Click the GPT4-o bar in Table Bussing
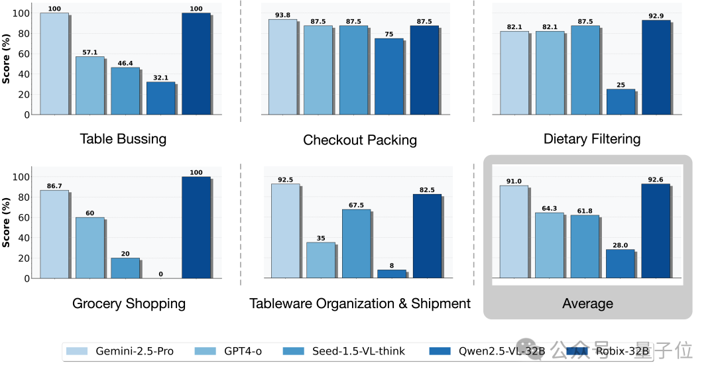[x=89, y=85]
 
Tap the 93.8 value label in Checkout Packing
[x=282, y=15]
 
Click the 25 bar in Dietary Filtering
[x=621, y=102]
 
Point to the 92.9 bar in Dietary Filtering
[x=656, y=67]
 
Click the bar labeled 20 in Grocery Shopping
[x=125, y=268]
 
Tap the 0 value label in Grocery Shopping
[x=161, y=274]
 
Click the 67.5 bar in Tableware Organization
[x=356, y=243]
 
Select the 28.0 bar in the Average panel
[x=621, y=264]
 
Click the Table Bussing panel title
[x=123, y=139]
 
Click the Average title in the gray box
[x=587, y=303]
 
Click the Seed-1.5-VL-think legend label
[x=358, y=351]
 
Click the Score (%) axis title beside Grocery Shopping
[x=7, y=225]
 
